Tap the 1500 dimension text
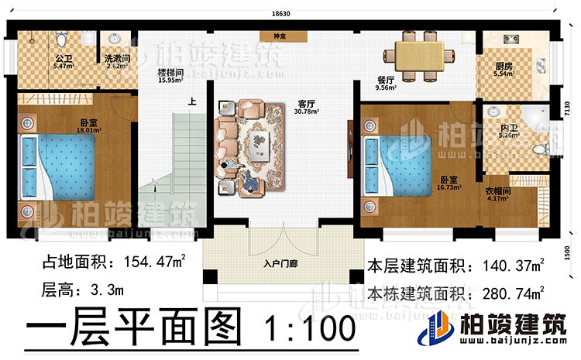point(568,254)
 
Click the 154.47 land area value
point(142,265)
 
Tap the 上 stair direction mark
point(191,101)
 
